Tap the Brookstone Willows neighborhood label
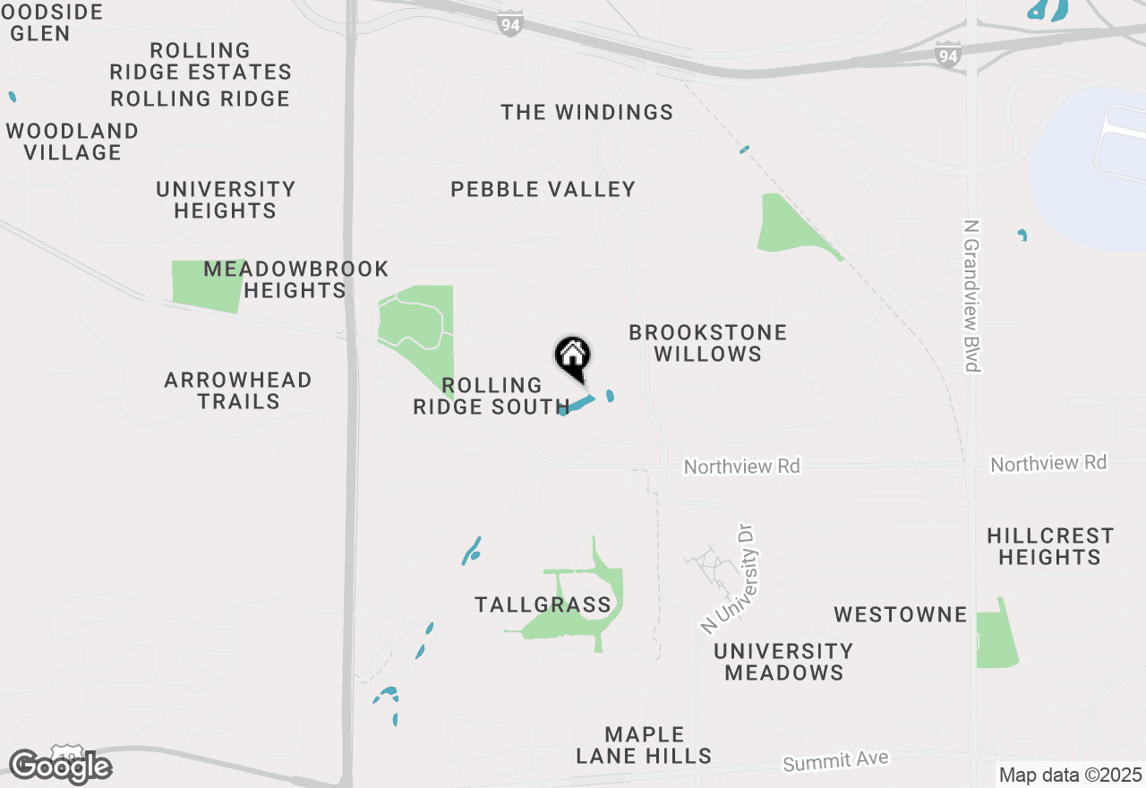coord(707,343)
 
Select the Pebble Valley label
coord(543,190)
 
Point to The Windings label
coord(586,113)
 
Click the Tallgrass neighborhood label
coord(543,605)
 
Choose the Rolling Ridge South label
coord(492,396)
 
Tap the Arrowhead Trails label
coord(238,390)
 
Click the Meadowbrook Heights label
coord(295,279)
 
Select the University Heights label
coord(226,200)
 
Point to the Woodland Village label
coord(73,142)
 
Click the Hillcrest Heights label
coord(1050,546)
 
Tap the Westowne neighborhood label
coord(900,615)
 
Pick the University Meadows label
coord(783,662)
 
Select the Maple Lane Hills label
coord(644,745)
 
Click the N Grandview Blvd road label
coord(971,295)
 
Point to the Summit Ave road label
coord(835,761)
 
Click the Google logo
coord(60,767)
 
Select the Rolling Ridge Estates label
coord(201,61)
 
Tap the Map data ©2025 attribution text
coord(1070,775)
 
